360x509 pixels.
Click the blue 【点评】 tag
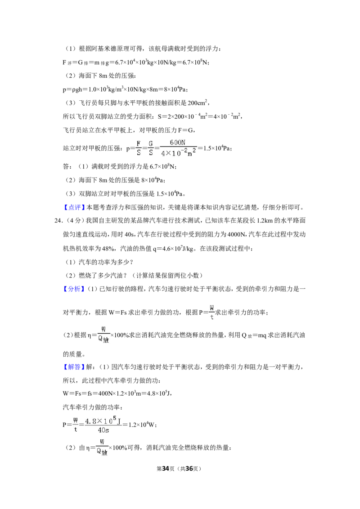coord(74,207)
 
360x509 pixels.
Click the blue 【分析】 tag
coord(74,289)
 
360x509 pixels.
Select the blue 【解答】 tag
coord(74,367)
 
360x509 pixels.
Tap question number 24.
coord(58,221)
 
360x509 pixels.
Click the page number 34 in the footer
coord(166,469)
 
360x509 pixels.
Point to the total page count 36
coord(189,469)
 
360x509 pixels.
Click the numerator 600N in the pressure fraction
coord(177,142)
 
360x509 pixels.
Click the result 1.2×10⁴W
coord(142,424)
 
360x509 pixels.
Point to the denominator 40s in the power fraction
coord(103,430)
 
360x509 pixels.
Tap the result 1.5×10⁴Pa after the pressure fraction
coord(217,148)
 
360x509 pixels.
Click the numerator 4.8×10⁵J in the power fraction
coord(103,421)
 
